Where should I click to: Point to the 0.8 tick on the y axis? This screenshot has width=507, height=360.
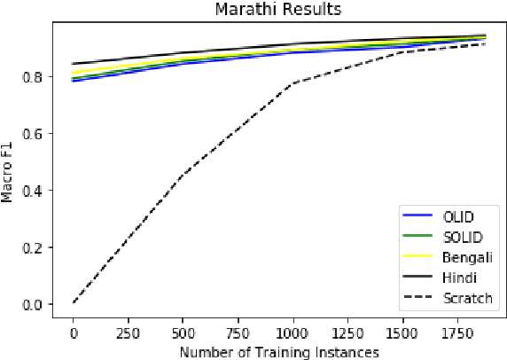click(33, 76)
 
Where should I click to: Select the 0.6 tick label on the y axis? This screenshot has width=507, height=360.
click(33, 133)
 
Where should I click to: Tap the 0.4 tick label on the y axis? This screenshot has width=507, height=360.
click(33, 190)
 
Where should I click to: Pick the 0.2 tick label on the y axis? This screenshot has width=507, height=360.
click(33, 247)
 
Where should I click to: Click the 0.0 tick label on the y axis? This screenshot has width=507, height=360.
click(33, 303)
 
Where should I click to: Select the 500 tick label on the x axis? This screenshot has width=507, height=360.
click(183, 330)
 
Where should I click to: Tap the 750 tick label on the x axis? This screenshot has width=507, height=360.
click(238, 330)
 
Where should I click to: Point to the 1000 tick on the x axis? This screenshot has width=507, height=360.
click(292, 330)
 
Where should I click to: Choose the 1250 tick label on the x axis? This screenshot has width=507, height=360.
click(347, 330)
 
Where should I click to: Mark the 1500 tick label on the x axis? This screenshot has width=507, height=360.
click(403, 330)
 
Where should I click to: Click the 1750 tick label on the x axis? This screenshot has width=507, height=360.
click(458, 330)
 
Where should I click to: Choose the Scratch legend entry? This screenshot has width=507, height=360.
click(467, 298)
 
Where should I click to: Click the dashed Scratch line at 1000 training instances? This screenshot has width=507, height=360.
click(292, 83)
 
